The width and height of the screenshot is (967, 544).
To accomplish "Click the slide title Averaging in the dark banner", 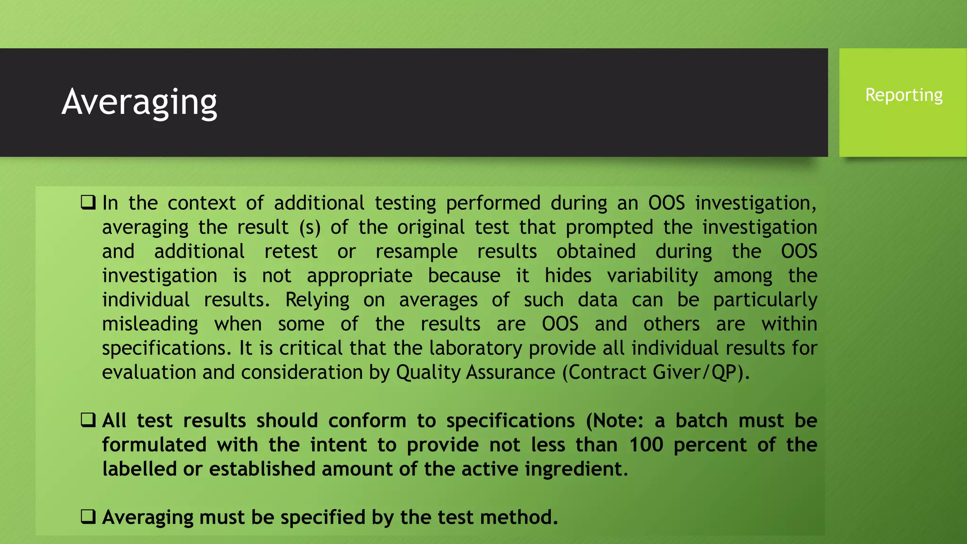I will click(x=139, y=102).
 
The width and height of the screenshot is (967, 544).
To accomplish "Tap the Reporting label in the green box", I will click(x=904, y=95).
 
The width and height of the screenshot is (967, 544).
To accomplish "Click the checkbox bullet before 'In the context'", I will click(x=88, y=203).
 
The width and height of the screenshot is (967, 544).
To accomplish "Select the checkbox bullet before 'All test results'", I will click(x=88, y=420).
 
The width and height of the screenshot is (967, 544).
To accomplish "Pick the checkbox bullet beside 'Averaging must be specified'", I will click(x=88, y=517).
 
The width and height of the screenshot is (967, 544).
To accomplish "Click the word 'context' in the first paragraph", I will click(x=202, y=203).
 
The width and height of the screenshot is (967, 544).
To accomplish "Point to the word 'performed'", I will click(x=493, y=203).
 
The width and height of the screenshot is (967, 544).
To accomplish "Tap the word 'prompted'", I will click(x=610, y=227).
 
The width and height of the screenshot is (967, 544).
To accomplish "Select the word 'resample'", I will click(x=416, y=251).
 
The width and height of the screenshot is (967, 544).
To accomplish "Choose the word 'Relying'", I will click(x=317, y=300).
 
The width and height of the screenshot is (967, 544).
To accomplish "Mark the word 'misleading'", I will click(x=150, y=324).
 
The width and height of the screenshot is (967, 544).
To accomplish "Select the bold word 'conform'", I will click(x=367, y=420).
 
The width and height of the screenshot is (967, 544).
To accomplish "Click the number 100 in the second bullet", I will click(x=646, y=444).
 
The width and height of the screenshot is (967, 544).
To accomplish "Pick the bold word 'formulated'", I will click(x=154, y=444).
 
